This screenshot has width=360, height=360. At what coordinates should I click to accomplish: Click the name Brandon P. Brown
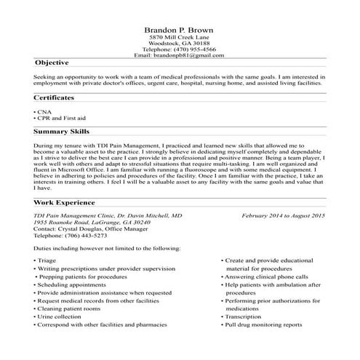tap(179, 29)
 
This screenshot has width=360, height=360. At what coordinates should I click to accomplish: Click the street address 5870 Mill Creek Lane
tap(179, 37)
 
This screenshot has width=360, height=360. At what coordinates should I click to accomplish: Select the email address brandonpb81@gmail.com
tap(192, 55)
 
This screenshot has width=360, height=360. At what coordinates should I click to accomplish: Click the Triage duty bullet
tap(47, 260)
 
